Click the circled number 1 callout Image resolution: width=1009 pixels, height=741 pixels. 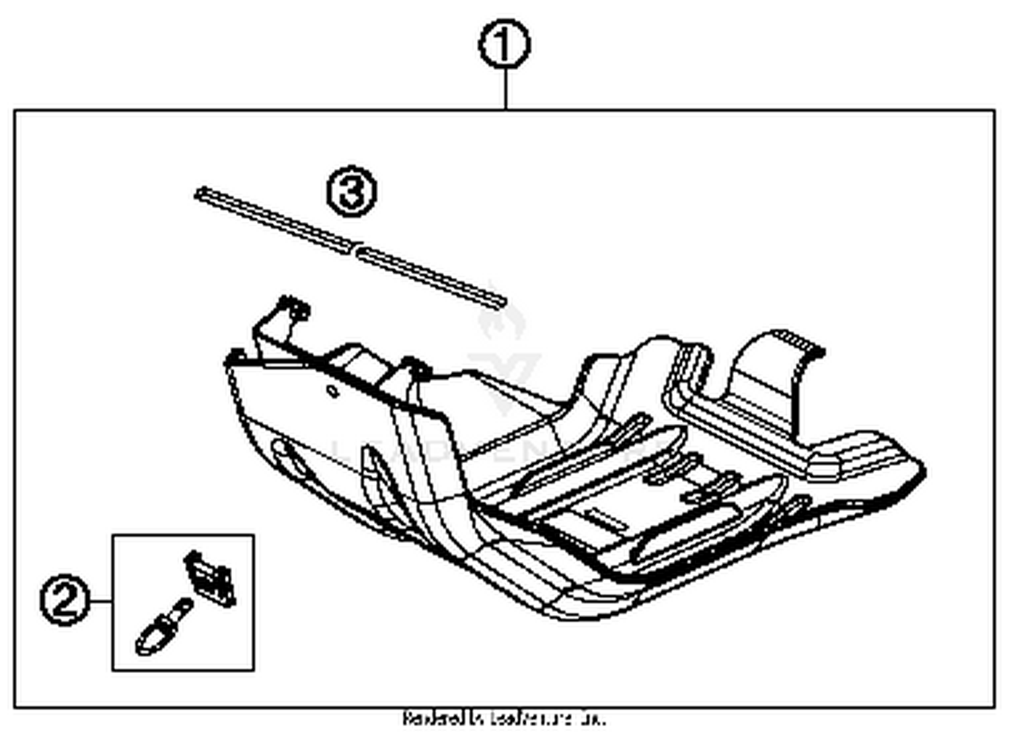tap(504, 45)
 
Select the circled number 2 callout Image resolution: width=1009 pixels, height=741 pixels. tap(65, 601)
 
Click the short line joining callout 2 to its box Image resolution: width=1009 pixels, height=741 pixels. tap(100, 601)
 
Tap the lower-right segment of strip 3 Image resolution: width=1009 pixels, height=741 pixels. tap(431, 276)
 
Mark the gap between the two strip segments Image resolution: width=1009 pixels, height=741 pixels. tap(354, 250)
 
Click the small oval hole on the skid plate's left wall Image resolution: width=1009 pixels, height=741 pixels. tap(332, 391)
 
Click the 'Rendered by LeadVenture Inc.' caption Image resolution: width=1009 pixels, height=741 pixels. tap(504, 719)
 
